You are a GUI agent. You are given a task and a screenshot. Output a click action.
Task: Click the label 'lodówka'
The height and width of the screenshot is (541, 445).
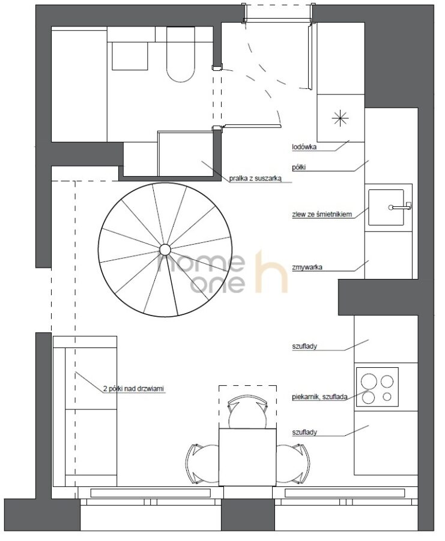coord(304,147)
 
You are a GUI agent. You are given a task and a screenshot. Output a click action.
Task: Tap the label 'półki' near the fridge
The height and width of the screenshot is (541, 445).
coord(299,168)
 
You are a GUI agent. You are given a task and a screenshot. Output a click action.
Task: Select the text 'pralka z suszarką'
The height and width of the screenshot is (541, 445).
coord(256,179)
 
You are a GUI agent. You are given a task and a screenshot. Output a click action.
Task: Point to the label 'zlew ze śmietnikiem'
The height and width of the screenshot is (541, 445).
coord(322,214)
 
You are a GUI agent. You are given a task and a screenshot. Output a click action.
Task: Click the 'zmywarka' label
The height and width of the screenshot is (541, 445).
coord(307,267)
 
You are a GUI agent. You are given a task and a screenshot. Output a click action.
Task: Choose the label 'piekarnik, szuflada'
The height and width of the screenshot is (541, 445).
coord(319,397)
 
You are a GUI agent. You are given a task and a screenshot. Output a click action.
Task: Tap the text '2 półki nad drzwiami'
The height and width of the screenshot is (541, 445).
coord(134,389)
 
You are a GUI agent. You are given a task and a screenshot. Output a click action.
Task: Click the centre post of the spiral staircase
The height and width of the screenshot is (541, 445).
coord(165,249)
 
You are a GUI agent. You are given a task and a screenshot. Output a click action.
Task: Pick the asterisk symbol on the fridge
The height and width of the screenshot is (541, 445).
coord(341,118)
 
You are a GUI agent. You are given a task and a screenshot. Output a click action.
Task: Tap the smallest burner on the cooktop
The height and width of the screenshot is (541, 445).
coord(387,397)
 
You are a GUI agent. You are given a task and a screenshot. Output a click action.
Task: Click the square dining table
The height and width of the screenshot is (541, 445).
coord(247,456)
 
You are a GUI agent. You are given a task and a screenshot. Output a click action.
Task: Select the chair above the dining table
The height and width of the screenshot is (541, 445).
coord(247,412)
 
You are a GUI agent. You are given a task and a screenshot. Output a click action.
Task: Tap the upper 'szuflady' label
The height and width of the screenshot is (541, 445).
coord(304,346)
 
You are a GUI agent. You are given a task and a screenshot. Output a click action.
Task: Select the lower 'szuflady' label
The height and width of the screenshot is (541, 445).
coord(304,432)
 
